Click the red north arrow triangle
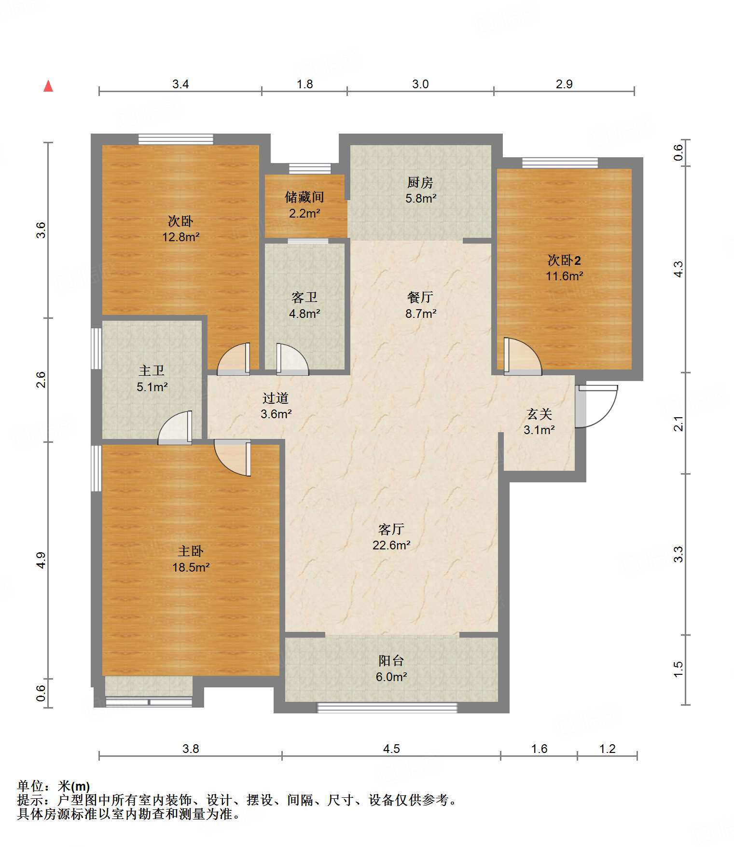coord(48,86)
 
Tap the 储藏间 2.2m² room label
coord(304,205)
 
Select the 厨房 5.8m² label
coord(420,190)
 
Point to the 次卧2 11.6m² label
coord(564,268)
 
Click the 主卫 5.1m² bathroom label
coord(152,379)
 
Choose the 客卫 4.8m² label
coord(305,305)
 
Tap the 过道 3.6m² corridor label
coord(276,406)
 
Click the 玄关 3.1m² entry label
coord(539,422)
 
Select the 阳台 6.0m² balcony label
coord(391,669)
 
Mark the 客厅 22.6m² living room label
coord(391,537)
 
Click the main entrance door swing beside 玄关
coord(596,406)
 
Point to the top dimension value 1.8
coord(305,84)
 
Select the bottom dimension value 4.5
coord(391,749)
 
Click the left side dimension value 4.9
coord(41,560)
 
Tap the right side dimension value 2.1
coord(679,423)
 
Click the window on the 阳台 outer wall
coord(387,708)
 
